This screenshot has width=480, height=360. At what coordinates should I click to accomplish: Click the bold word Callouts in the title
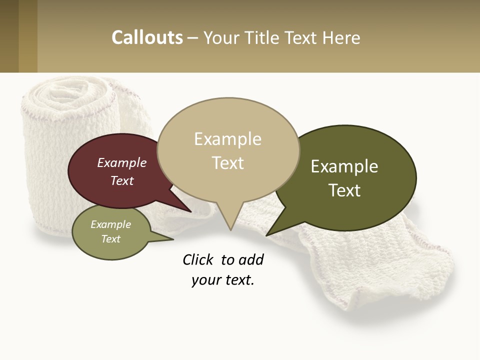147,37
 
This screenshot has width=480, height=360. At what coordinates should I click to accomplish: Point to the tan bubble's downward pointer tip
230,230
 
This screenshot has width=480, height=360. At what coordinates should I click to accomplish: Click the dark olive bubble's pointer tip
266,235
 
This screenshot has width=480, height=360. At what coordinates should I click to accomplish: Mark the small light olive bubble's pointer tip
173,239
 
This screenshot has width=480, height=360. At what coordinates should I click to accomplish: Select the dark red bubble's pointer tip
191,212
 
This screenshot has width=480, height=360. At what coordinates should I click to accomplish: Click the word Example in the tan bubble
227,139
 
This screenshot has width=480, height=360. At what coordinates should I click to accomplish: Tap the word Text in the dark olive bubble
344,190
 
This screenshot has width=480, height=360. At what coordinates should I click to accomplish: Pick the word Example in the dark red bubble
122,162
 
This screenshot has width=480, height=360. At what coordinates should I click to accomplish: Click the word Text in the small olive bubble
111,239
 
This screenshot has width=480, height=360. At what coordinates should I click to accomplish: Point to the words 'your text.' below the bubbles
222,280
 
